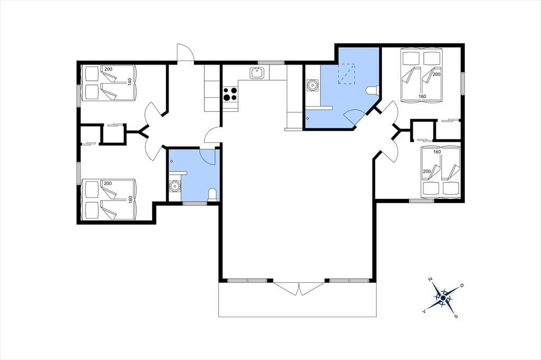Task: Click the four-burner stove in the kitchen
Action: click(230, 94)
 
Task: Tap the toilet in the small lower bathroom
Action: click(212, 194)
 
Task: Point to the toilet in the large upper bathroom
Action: click(372, 90)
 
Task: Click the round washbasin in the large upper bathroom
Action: click(312, 85)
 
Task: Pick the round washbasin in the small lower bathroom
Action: click(174, 187)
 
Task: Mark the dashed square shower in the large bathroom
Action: click(347, 74)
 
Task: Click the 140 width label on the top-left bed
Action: click(130, 82)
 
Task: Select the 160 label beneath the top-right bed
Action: click(422, 97)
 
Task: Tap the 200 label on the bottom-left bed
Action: click(108, 184)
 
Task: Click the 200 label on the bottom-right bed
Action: click(427, 172)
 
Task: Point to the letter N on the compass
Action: click(430, 279)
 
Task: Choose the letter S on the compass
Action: click(456, 316)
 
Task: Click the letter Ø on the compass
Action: click(462, 285)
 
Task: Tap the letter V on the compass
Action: click(424, 311)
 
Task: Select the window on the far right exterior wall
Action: click(463, 83)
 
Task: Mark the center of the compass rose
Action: click(443, 298)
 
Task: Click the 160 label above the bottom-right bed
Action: click(437, 151)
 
